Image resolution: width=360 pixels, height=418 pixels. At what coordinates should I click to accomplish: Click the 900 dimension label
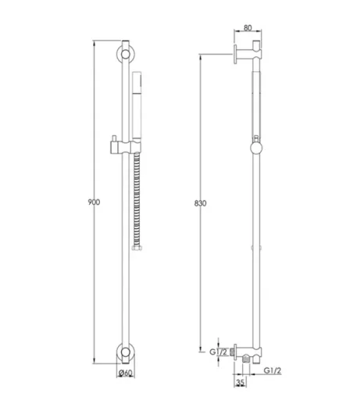94,202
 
